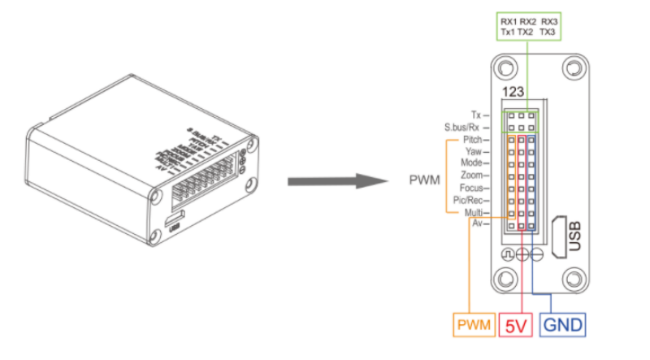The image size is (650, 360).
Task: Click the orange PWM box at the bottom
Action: (x=474, y=325)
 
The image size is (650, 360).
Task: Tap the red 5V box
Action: (x=516, y=325)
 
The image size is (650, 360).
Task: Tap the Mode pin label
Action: (x=483, y=163)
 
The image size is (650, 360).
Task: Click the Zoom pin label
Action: (x=483, y=175)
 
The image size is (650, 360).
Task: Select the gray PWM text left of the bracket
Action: (x=424, y=176)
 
